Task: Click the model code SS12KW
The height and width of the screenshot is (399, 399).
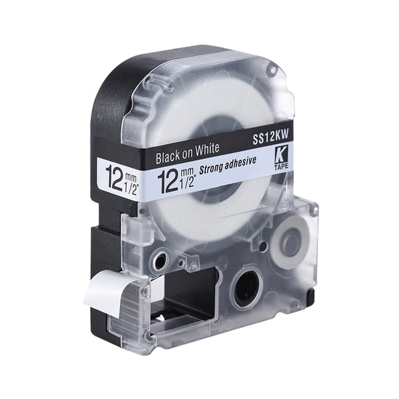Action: tap(271, 137)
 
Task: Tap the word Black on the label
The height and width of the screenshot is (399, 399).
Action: tap(167, 156)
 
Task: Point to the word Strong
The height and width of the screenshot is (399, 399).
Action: tap(211, 168)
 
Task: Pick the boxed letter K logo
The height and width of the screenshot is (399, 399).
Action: tap(281, 156)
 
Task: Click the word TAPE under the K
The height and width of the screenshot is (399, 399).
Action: tap(282, 166)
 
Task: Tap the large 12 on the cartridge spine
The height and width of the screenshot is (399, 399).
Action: tap(115, 178)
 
